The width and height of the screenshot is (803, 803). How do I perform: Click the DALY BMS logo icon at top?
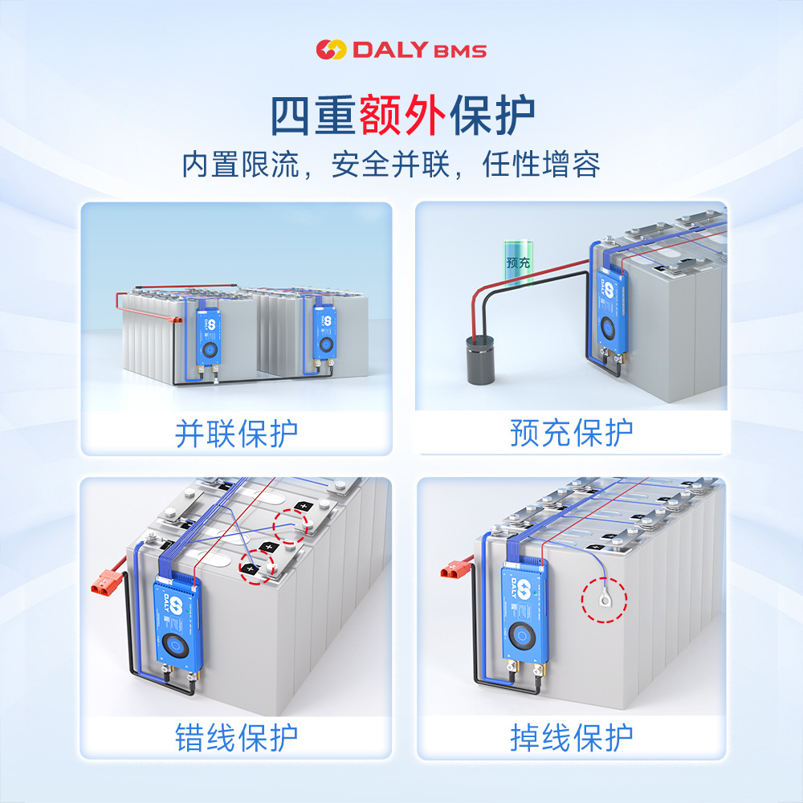(331, 49)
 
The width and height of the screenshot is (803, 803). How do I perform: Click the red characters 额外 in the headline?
(402, 115)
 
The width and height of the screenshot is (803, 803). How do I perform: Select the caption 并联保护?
(237, 434)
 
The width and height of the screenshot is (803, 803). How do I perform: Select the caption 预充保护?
(572, 433)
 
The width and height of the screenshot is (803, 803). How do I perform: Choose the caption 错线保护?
(237, 737)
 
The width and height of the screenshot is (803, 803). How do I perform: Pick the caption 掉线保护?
(572, 737)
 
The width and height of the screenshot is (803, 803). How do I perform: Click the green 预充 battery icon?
(518, 262)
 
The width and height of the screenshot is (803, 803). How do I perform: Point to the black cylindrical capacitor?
(481, 360)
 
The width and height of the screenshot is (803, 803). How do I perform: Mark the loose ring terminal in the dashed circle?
(605, 597)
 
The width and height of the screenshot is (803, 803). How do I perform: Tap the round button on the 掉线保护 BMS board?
(522, 635)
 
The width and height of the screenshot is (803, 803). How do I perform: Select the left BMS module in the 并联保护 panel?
(209, 336)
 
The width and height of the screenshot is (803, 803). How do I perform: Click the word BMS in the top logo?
(460, 51)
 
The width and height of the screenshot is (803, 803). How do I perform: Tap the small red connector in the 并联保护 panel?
(176, 320)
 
